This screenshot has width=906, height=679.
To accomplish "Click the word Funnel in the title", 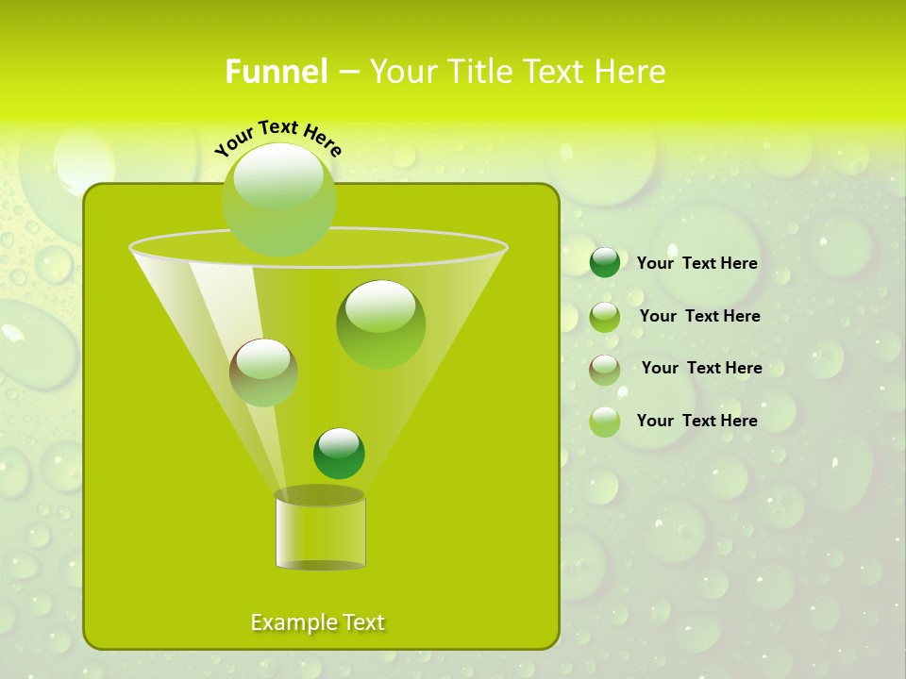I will point(276,72).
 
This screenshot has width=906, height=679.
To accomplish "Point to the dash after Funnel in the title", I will point(347,73).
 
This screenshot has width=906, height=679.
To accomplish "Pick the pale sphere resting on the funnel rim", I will point(278,199).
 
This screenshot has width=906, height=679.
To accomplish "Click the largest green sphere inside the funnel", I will point(380,323).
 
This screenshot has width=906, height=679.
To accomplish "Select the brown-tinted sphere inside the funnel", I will point(263,373).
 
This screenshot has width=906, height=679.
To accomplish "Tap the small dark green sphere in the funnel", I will point(339,454).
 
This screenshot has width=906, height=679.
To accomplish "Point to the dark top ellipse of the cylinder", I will point(320,495).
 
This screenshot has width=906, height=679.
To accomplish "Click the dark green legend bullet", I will point(605,263).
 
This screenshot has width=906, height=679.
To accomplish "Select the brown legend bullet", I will point(605,370).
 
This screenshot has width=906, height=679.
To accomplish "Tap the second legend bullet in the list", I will point(605,317).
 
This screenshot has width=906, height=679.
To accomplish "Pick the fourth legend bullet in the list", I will point(605,422).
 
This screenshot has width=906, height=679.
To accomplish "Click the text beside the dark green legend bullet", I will point(696,263).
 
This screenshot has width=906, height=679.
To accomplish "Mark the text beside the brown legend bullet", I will point(701,368).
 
